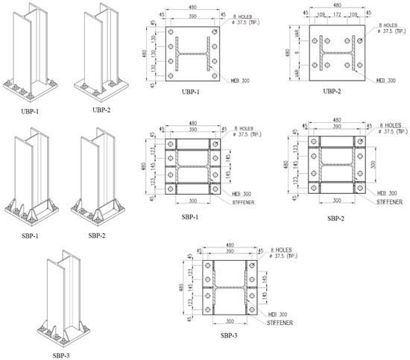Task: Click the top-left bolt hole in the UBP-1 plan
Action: (171, 34)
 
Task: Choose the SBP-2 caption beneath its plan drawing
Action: (338, 219)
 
